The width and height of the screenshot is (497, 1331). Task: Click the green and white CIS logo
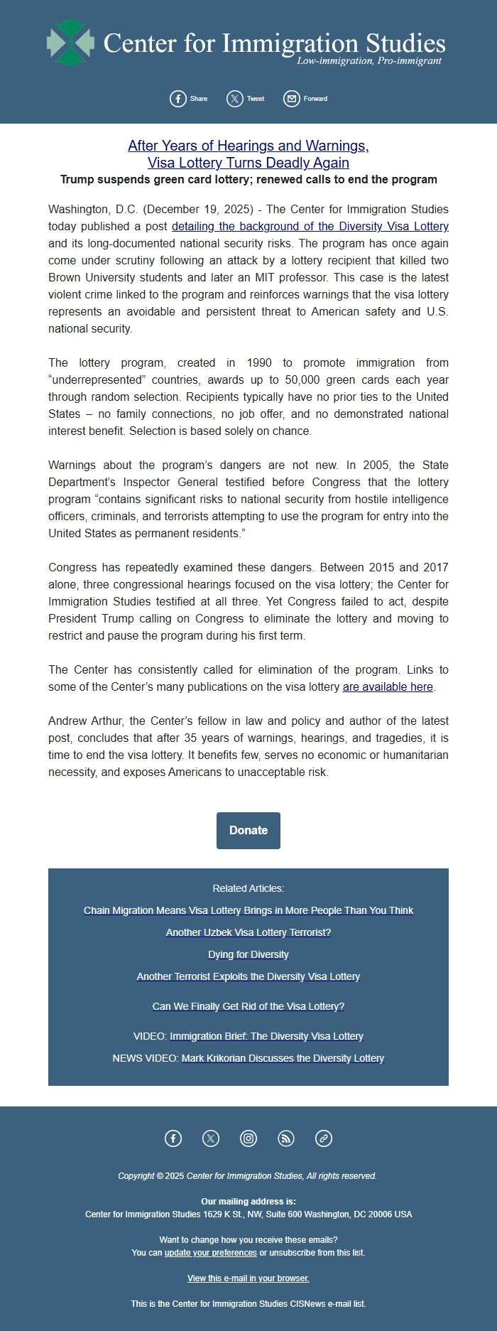[x=70, y=43]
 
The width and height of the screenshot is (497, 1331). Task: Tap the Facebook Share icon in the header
[x=178, y=99]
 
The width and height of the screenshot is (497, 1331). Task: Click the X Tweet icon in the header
[x=235, y=99]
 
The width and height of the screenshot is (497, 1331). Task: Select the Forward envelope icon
[x=292, y=99]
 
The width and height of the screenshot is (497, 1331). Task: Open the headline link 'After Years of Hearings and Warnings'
[x=248, y=146]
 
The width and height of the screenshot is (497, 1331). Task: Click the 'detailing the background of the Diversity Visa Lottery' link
[x=310, y=227]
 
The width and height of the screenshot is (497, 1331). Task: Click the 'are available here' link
[x=388, y=687]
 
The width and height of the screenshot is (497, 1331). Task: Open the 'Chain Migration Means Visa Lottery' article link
[x=248, y=910]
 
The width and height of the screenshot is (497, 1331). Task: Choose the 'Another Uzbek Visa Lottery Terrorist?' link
[x=248, y=932]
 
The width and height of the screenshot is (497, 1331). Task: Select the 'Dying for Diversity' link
[x=248, y=954]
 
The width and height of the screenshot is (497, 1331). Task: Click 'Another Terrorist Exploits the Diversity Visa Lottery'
[x=248, y=976]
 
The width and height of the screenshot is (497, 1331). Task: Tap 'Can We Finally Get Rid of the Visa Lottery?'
[x=248, y=1006]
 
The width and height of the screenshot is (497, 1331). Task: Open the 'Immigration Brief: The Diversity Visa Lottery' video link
[x=266, y=1036]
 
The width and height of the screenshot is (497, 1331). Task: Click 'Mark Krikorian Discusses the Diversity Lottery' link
[x=283, y=1058]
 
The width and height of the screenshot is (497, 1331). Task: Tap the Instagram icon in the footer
[x=248, y=1138]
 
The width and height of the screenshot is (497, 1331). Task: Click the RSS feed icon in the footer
[x=286, y=1138]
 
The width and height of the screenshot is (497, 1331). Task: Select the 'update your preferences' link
[x=211, y=1253]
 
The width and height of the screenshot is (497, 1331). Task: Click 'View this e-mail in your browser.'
[x=248, y=1278]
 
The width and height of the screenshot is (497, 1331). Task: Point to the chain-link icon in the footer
[x=324, y=1138]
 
